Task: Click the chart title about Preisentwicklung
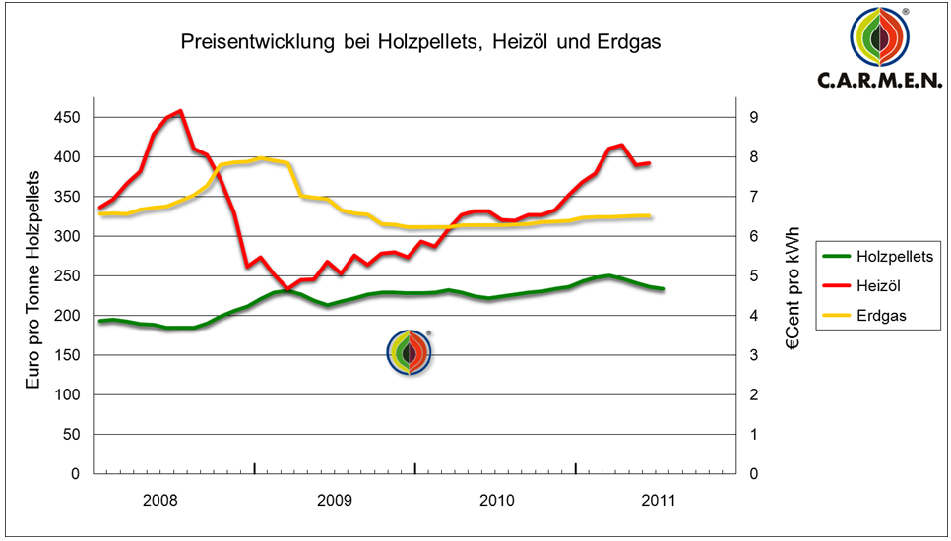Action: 420,43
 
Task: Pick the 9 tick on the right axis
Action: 752,118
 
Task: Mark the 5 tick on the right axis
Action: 752,276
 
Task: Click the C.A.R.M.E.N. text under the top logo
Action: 879,81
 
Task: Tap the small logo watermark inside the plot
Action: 408,352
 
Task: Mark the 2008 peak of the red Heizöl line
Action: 180,111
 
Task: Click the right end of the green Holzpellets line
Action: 663,289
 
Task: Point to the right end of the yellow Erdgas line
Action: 650,215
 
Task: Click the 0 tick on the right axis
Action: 752,474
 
